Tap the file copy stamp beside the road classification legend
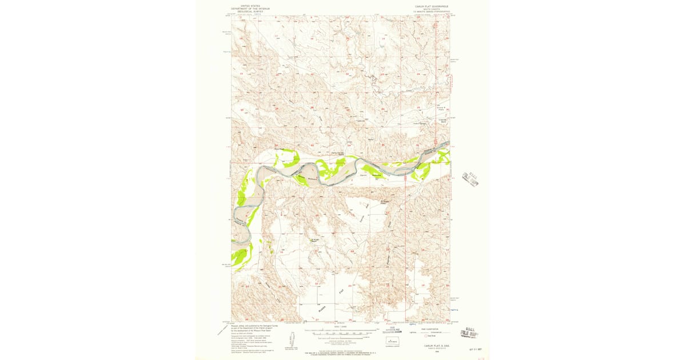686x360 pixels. [472, 331]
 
